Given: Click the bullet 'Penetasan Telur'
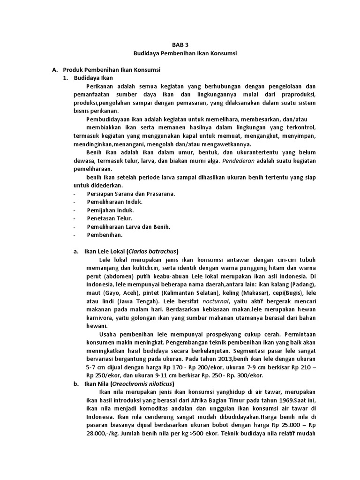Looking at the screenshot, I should (x=109, y=218).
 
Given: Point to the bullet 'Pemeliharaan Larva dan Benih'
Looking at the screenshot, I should (x=128, y=226).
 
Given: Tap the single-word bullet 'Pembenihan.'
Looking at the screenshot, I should (x=105, y=235).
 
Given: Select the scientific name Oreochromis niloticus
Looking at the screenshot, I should (x=144, y=384).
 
